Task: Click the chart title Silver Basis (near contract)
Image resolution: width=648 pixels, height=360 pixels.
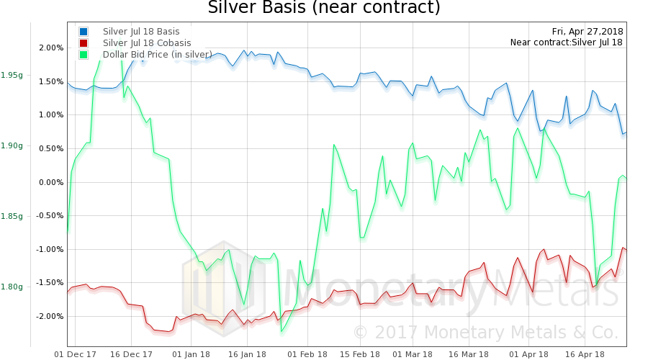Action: [323, 9]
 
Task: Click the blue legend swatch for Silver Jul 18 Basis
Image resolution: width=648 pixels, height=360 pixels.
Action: [84, 32]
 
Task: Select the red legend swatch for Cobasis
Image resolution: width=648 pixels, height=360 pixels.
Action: [84, 43]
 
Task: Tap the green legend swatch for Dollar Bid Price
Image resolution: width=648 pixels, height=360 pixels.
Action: [84, 54]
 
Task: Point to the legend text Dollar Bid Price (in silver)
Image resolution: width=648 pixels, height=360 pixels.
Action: [158, 54]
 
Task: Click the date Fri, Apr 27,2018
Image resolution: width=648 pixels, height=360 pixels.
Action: [588, 32]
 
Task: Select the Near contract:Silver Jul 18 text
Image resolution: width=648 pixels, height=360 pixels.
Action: [567, 43]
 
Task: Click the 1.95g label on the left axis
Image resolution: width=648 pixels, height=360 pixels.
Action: [12, 76]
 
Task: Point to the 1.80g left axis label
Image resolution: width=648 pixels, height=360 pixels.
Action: [12, 287]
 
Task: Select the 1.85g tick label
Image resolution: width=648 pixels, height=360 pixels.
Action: [12, 217]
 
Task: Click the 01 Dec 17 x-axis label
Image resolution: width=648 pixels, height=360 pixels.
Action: [76, 354]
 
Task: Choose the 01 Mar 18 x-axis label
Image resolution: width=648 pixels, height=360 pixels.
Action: [413, 354]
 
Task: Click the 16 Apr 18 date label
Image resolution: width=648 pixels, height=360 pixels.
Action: [584, 354]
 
